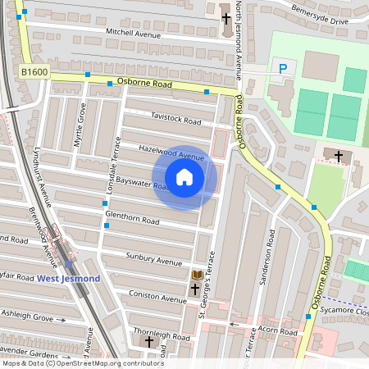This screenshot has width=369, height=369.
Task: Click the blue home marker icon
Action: (184, 177)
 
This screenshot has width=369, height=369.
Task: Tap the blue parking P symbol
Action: (283, 70)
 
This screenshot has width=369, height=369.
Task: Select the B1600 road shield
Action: (34, 73)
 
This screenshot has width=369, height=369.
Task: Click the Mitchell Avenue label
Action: (132, 32)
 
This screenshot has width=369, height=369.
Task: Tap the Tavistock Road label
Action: (175, 121)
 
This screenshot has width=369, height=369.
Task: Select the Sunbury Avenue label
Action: (154, 262)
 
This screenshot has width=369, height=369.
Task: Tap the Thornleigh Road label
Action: (162, 335)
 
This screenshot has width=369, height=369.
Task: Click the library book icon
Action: (196, 275)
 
